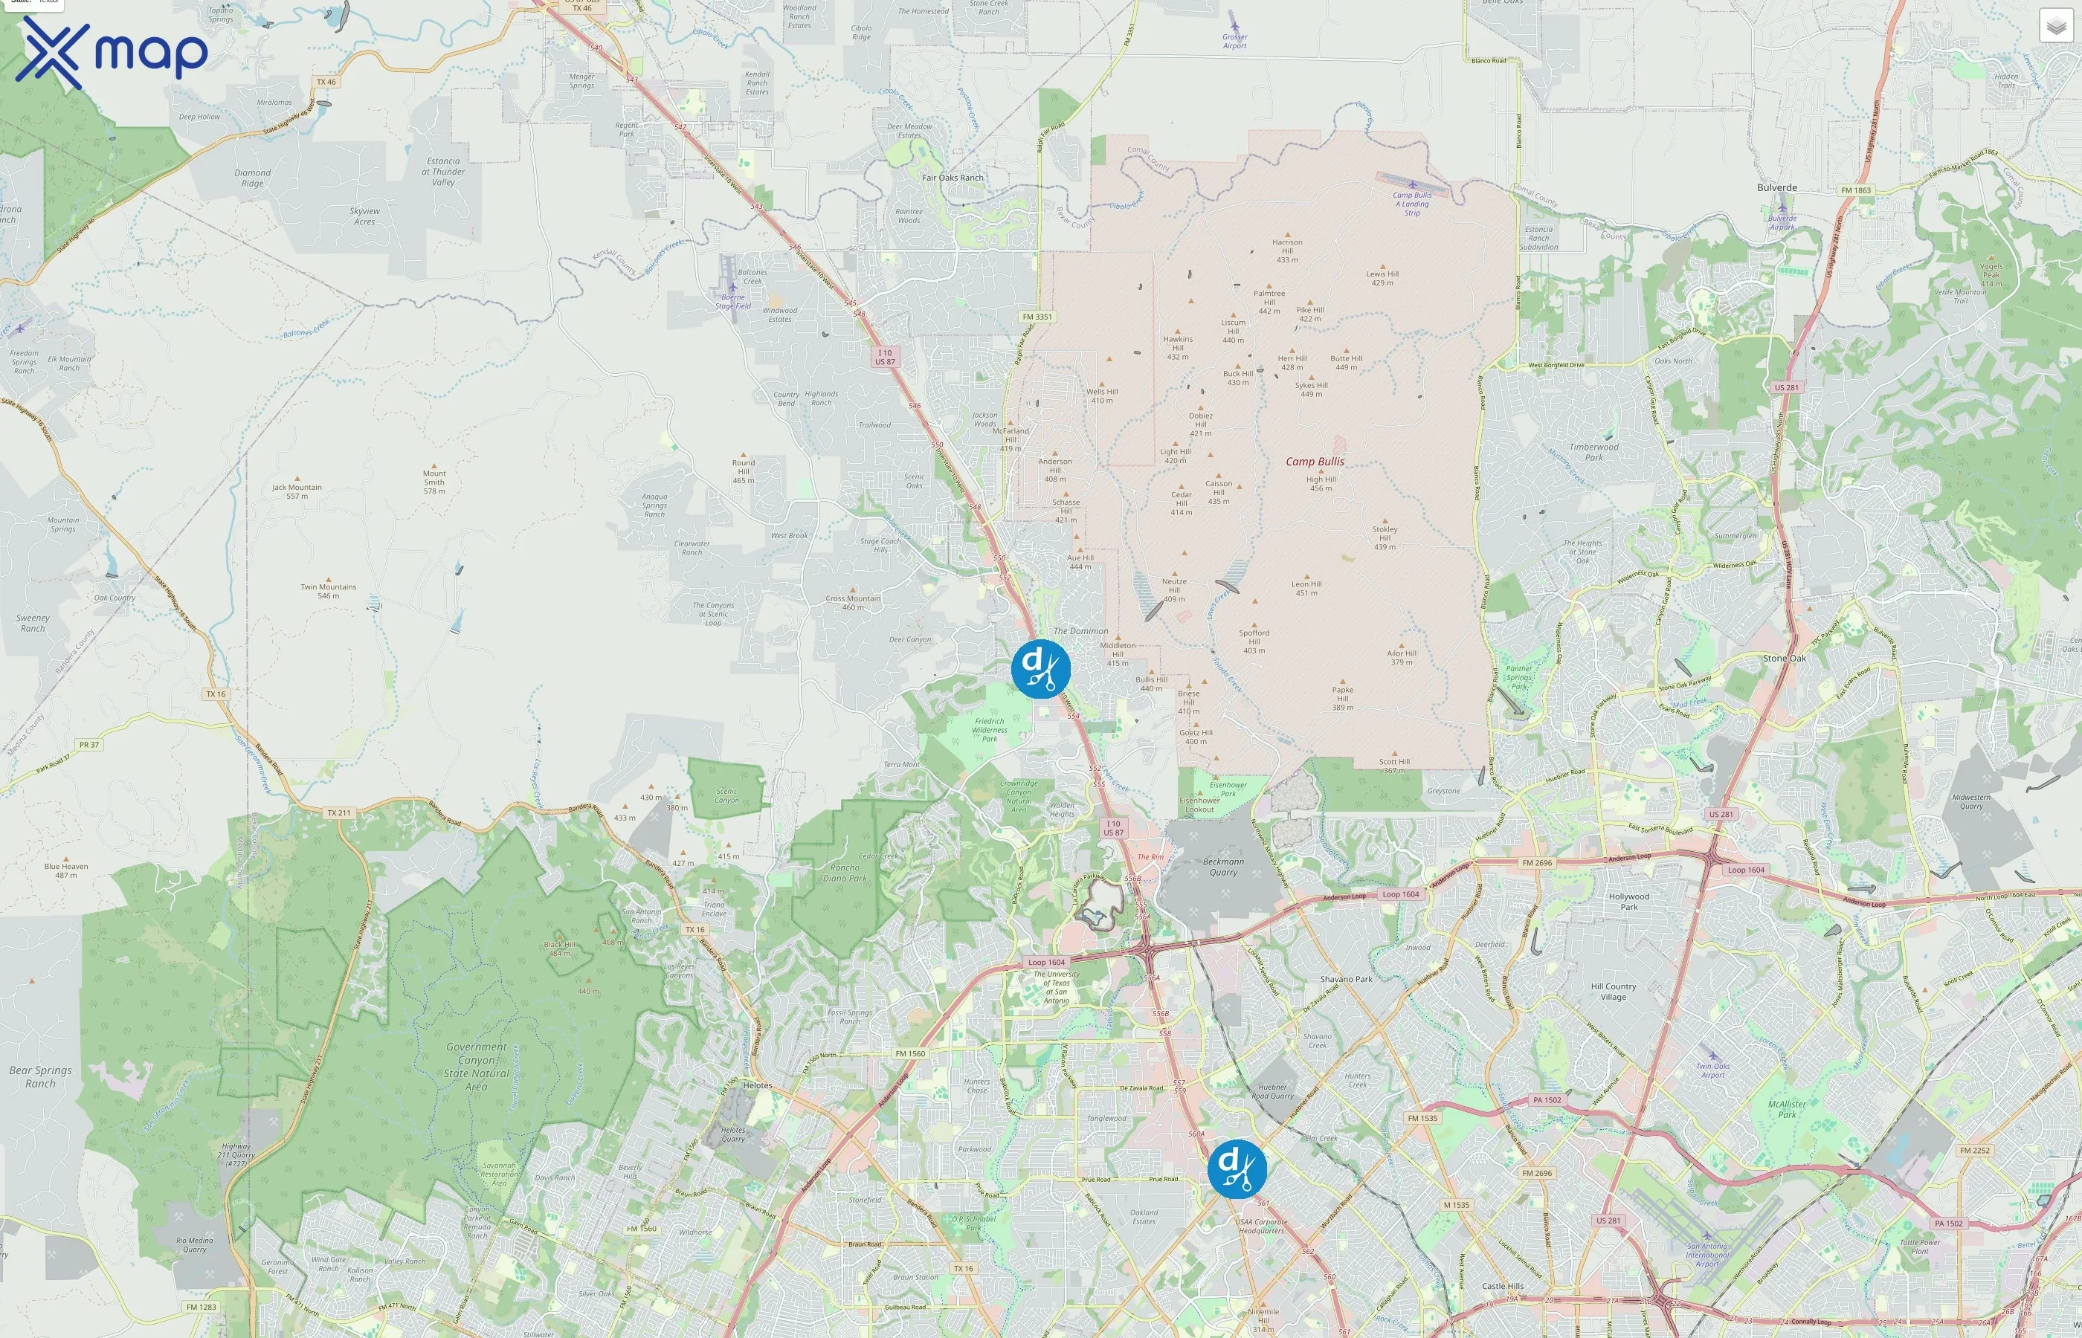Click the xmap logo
[112, 52]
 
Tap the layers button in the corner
[2055, 26]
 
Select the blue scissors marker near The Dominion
[1040, 668]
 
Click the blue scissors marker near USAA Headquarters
[1237, 1169]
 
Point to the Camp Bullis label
[1315, 462]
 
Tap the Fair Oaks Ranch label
[953, 177]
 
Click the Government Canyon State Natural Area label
[476, 1066]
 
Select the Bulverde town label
[1776, 187]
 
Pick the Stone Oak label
[1784, 659]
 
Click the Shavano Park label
[1346, 979]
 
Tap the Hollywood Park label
[1628, 901]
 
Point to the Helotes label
[757, 1085]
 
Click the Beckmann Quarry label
[1222, 867]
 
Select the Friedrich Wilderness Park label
[989, 729]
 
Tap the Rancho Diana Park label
[844, 873]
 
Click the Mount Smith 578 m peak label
[434, 482]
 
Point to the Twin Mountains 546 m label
[329, 591]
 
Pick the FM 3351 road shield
[1037, 316]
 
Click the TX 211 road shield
[338, 813]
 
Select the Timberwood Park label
[1593, 452]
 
